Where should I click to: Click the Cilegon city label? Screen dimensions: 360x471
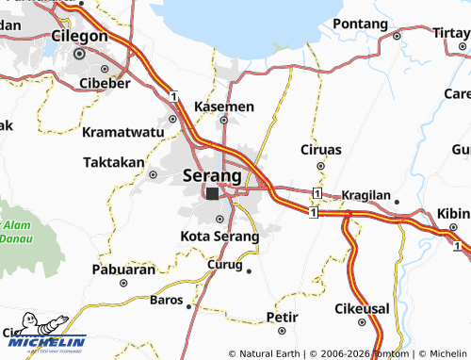(78, 36)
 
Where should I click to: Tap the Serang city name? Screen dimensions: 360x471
(212, 175)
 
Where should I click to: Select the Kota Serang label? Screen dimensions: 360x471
(219, 236)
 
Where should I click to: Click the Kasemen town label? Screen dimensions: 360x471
(223, 106)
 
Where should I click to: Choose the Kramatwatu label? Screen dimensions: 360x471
(122, 131)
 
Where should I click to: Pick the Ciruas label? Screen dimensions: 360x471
(320, 150)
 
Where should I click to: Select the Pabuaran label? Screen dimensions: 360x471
(123, 269)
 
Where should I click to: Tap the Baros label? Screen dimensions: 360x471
(166, 300)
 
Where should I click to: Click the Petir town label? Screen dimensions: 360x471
(282, 317)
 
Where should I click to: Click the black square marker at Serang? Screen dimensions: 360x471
(212, 194)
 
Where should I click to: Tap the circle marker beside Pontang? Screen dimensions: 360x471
(397, 36)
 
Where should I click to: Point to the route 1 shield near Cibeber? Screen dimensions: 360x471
(174, 95)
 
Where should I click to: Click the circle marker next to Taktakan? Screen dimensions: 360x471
(153, 174)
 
